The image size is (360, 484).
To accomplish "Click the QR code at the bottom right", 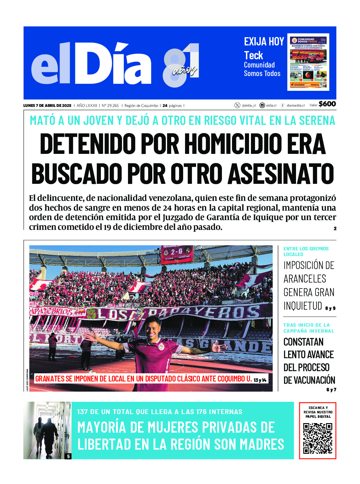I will (317, 438).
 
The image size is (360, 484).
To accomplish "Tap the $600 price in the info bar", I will (327, 104).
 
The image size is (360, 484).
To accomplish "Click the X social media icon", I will (237, 105).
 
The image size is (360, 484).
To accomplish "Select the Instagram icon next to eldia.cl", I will (262, 105).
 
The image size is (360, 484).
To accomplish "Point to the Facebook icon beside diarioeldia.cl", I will (282, 105).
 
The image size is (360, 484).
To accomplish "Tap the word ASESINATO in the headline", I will (281, 173).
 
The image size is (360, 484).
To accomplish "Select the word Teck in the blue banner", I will (253, 55).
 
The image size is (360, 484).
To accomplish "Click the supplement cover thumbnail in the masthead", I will (308, 62).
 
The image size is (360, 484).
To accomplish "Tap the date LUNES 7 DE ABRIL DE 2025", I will (47, 106).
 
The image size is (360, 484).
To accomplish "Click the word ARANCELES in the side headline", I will (305, 279).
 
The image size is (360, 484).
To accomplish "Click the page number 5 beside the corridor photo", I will (68, 456).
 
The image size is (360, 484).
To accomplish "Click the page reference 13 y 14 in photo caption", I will (260, 380).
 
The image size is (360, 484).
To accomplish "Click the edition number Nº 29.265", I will (110, 106).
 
